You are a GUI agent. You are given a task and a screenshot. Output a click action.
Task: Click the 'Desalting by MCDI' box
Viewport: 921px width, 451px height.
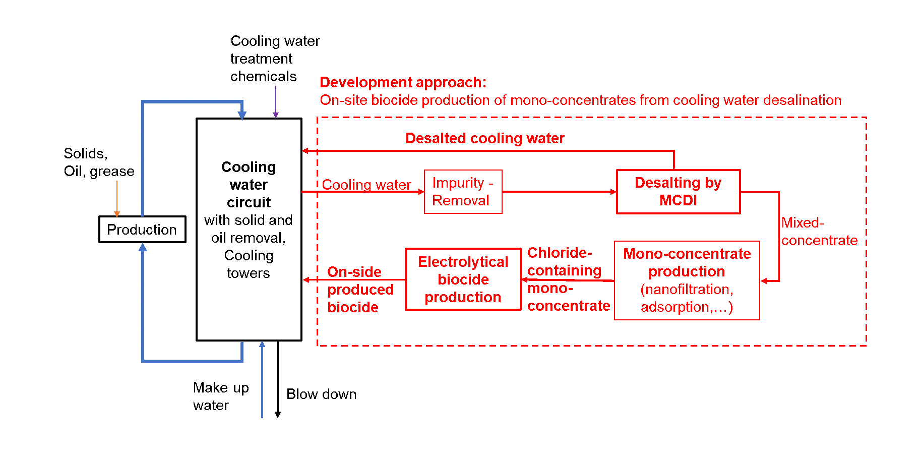pyautogui.click(x=678, y=192)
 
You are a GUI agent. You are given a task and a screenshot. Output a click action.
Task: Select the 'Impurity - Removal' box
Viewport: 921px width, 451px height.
pyautogui.click(x=463, y=192)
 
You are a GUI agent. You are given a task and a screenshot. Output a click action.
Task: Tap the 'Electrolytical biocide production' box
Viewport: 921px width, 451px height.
pyautogui.click(x=463, y=279)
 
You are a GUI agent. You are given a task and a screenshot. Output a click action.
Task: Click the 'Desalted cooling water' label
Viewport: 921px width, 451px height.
pyautogui.click(x=484, y=138)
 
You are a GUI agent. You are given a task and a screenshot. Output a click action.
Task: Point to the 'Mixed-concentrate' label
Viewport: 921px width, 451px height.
pyautogui.click(x=819, y=232)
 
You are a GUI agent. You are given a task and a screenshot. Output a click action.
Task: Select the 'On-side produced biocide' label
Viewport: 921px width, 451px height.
pyautogui.click(x=360, y=290)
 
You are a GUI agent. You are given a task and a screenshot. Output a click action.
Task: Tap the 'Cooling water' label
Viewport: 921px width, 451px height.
pyautogui.click(x=366, y=185)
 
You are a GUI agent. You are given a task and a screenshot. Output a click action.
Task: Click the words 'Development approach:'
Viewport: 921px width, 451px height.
pyautogui.click(x=403, y=82)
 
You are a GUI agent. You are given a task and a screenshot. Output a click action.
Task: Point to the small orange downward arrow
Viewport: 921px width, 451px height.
pyautogui.click(x=117, y=199)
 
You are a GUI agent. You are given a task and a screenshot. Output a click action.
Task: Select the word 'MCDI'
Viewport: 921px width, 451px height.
pyautogui.click(x=678, y=201)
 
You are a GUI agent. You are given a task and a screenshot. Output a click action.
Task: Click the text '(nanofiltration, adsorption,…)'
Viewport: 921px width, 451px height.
pyautogui.click(x=687, y=298)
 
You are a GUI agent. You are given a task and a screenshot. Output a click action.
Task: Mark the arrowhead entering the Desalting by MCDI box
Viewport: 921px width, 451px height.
pyautogui.click(x=613, y=192)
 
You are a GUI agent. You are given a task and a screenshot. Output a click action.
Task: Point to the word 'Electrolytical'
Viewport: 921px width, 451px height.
pyautogui.click(x=463, y=262)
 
